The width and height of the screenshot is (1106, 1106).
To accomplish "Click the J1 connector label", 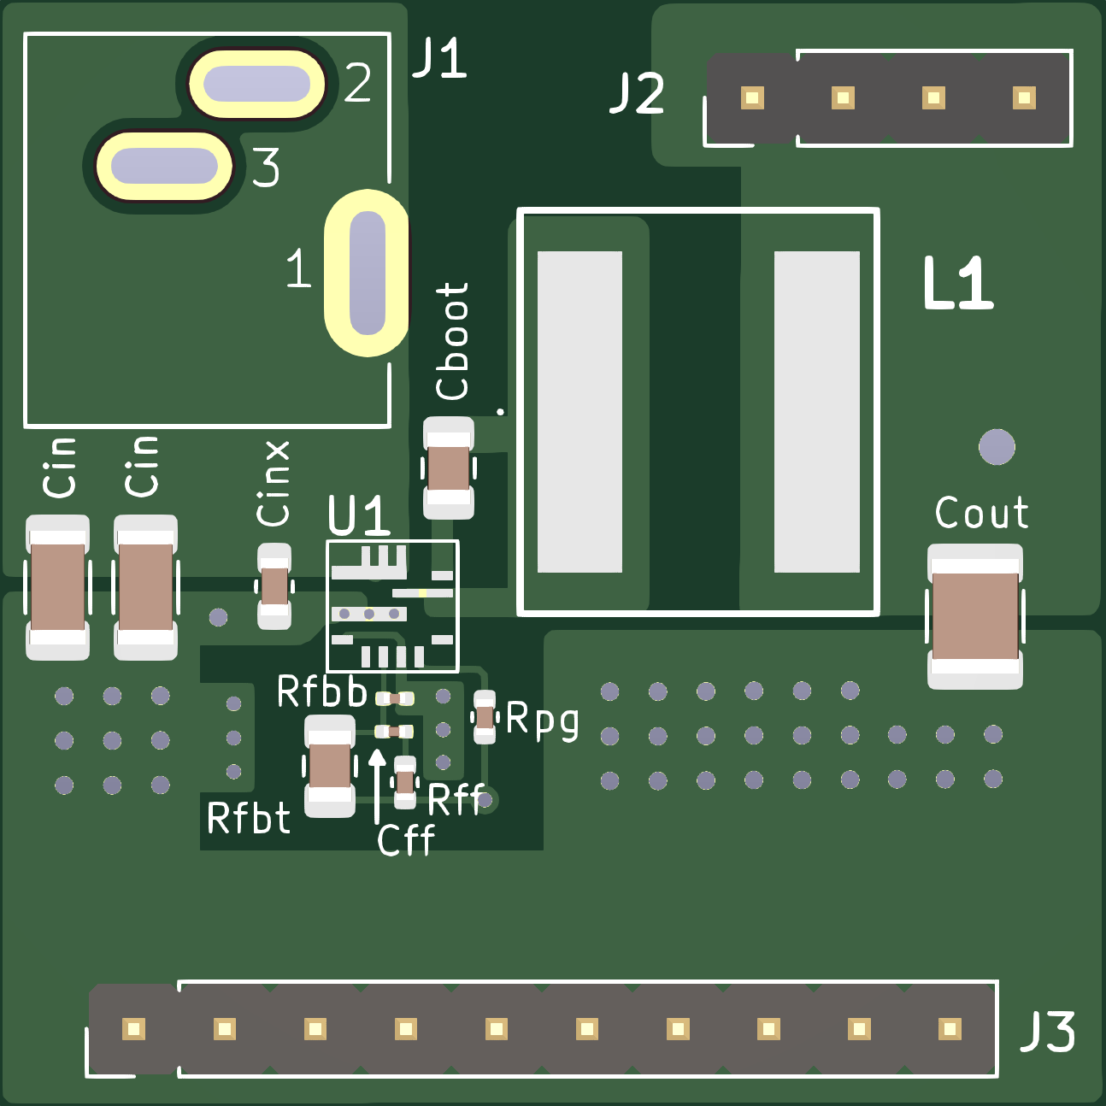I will pos(439,59).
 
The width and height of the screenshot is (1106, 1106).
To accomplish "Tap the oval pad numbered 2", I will pos(256,84).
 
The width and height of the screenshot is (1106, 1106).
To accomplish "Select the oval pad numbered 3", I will pos(163,165).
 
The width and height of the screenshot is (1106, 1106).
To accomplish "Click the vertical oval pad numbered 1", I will pos(368,273).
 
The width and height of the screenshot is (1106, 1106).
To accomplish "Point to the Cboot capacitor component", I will pos(449,468).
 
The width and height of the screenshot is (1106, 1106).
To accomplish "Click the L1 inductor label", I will pos(957,284).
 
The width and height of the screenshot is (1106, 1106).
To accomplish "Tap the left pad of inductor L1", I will pos(579,411).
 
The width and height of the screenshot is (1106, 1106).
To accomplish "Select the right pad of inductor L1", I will pos(816,411).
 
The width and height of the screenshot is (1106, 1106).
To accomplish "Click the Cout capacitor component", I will pos(975,616).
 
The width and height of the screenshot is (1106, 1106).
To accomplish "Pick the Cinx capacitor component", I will pos(274,586).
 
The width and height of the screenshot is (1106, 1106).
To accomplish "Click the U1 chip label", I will pos(358,516).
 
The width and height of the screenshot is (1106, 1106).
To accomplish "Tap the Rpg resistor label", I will pos(543,720).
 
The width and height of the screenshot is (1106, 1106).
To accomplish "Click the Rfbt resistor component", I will pos(330,766).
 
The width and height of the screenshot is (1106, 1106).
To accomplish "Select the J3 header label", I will pos(1048,1032).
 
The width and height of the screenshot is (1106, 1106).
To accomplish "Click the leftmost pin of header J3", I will pos(133,1028).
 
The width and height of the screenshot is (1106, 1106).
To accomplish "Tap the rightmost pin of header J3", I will pos(950,1028).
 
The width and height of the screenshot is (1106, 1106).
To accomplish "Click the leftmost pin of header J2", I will pos(752,97).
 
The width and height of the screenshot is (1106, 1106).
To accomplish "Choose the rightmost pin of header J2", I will pos(1024,97).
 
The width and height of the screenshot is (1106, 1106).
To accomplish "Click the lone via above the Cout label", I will pos(997,446).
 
